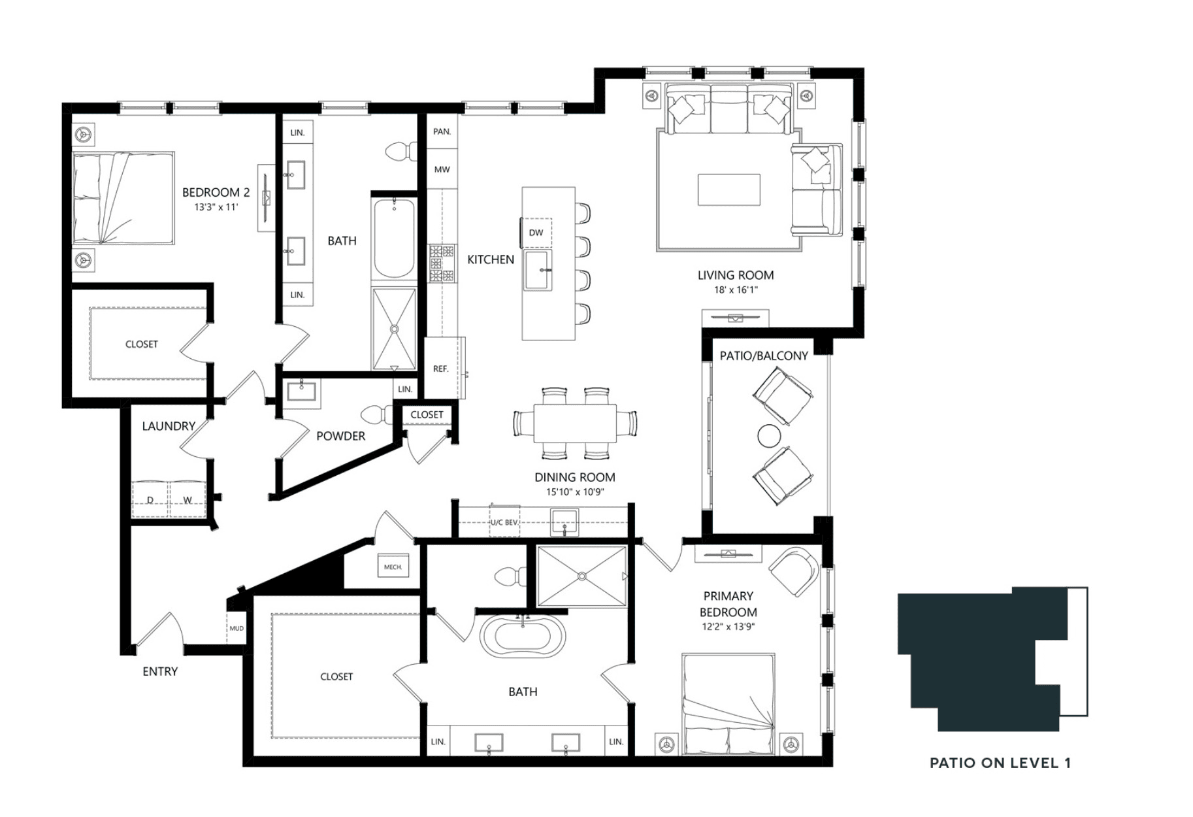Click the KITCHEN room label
(491, 259)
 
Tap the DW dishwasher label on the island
(536, 233)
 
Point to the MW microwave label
(442, 169)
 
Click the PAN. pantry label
(442, 131)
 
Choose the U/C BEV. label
(504, 522)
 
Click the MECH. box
(393, 567)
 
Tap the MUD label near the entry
(237, 628)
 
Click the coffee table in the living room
(728, 190)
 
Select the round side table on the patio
(769, 436)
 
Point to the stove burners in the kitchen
(441, 263)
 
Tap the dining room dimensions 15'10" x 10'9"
(575, 492)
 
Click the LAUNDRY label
(169, 426)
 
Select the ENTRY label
(160, 671)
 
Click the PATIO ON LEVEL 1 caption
(1000, 763)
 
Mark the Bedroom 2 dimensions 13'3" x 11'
(216, 207)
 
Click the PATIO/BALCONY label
(764, 356)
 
